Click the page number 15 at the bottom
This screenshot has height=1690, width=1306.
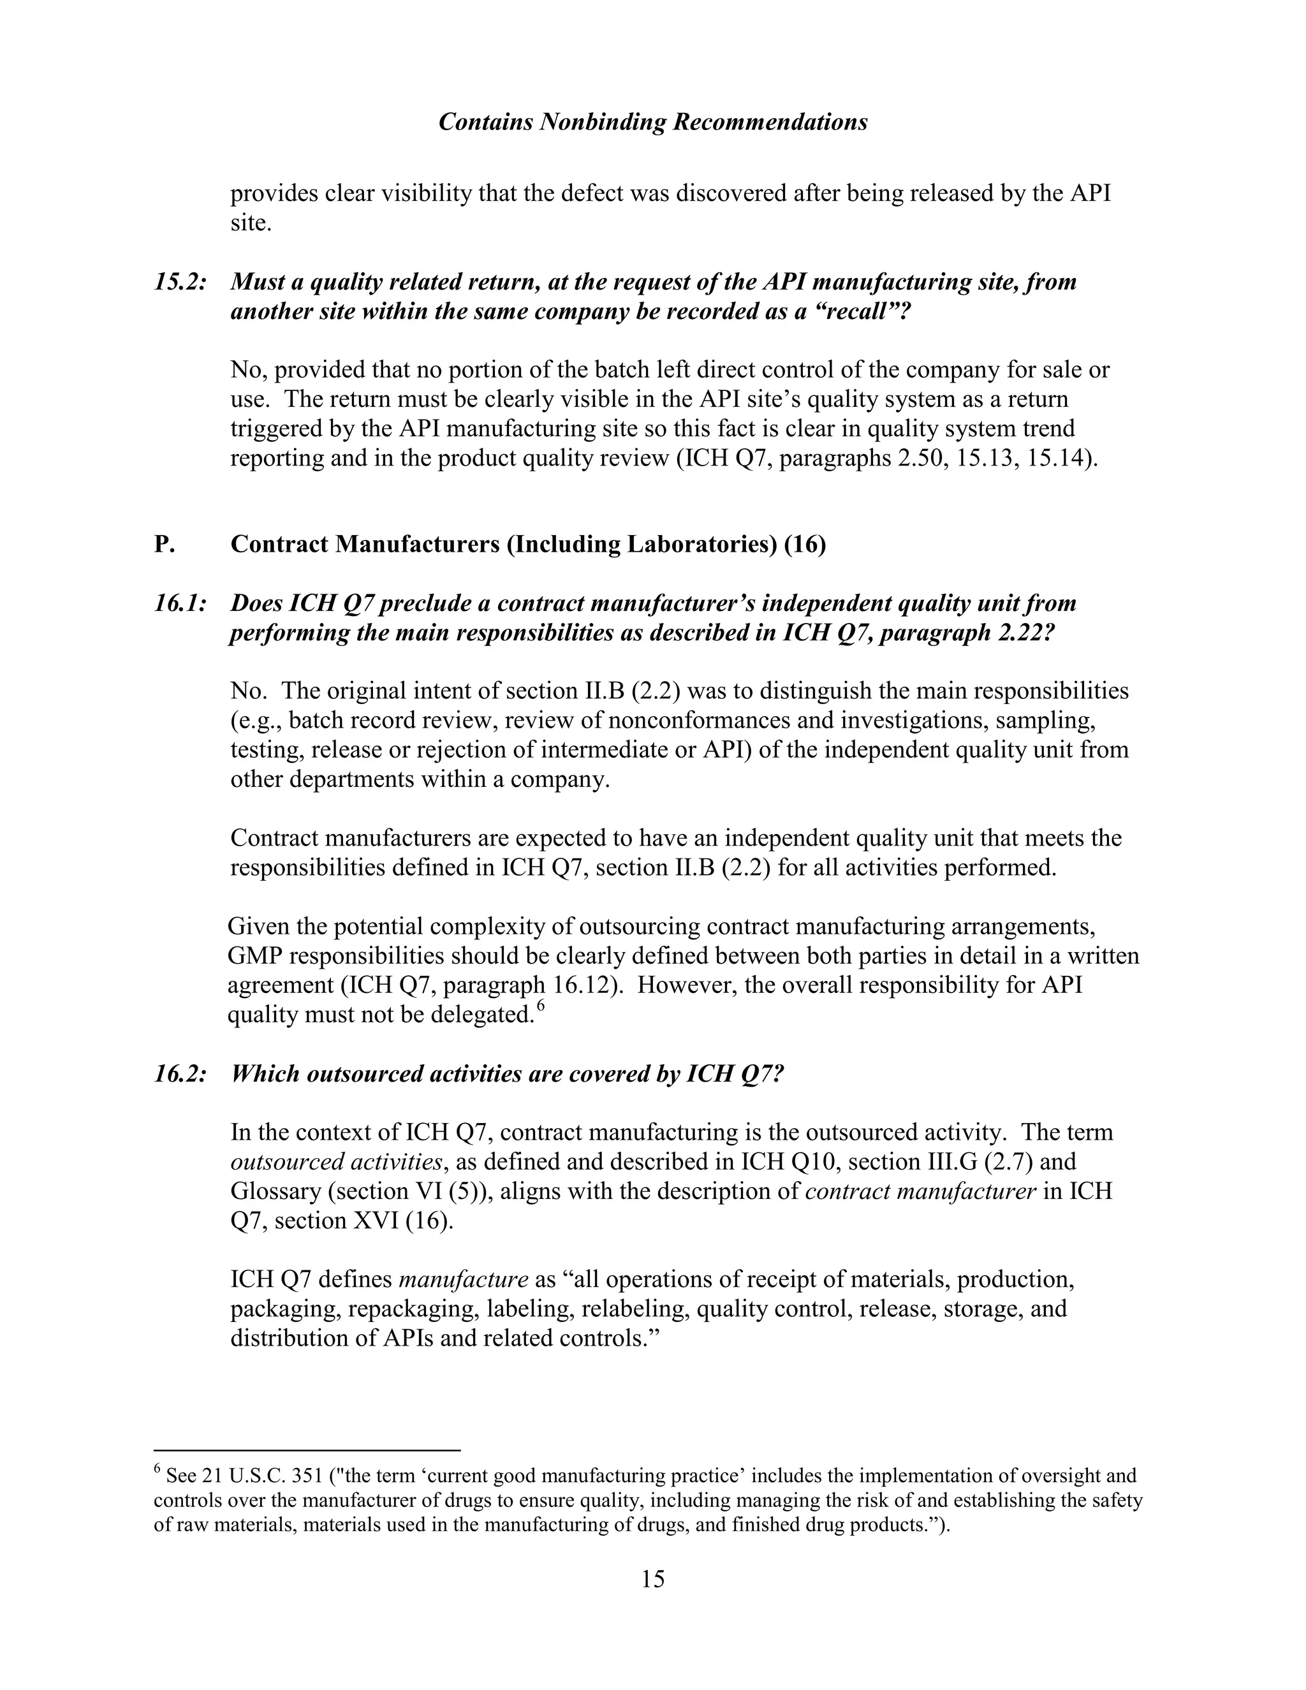pos(652,1578)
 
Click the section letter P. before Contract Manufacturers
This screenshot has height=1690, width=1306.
pos(164,544)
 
